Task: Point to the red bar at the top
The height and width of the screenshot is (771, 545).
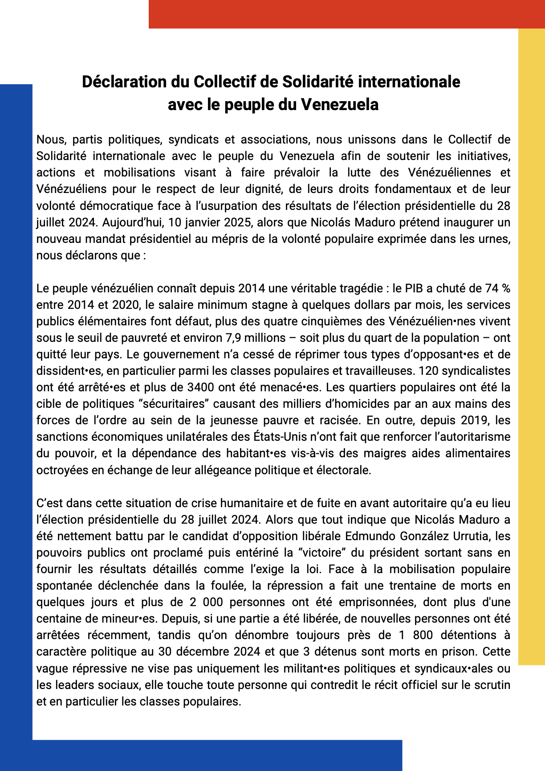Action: (346, 14)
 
